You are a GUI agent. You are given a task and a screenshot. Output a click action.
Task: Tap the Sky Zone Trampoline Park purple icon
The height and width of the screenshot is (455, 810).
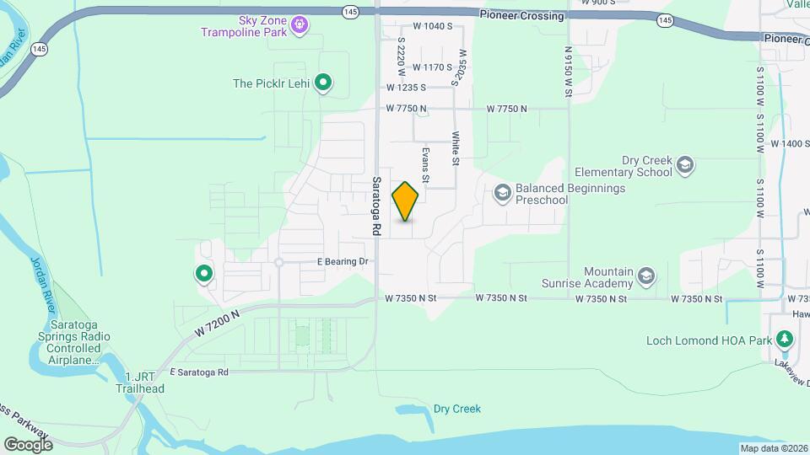298,27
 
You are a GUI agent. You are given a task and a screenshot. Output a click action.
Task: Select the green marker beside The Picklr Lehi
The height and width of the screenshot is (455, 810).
322,83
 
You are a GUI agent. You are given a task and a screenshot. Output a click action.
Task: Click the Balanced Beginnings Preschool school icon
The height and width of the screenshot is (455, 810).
502,194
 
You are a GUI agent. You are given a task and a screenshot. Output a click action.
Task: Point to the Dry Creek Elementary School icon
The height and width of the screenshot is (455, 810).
685,165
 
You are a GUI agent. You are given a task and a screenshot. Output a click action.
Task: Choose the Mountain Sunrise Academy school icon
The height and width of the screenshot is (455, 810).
646,276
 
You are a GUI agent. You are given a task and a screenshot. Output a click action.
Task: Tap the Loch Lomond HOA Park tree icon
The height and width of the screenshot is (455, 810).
786,340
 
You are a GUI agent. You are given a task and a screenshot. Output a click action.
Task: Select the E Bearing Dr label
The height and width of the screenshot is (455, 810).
343,262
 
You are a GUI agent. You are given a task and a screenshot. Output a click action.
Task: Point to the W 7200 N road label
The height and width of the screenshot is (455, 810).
217,324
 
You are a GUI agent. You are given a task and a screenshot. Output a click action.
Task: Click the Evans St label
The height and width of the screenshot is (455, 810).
426,165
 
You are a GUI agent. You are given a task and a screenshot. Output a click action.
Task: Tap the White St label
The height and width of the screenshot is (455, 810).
455,147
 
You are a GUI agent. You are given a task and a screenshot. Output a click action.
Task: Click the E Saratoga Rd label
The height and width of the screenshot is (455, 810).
199,372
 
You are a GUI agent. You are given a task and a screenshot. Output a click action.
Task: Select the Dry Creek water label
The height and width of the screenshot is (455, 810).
456,409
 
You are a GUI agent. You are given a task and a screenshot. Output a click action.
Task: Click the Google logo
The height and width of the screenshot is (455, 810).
28,444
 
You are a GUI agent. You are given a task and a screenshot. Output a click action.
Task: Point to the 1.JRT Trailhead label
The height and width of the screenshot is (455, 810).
140,383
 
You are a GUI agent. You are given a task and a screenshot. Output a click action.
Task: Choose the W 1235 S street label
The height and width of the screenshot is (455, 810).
407,87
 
